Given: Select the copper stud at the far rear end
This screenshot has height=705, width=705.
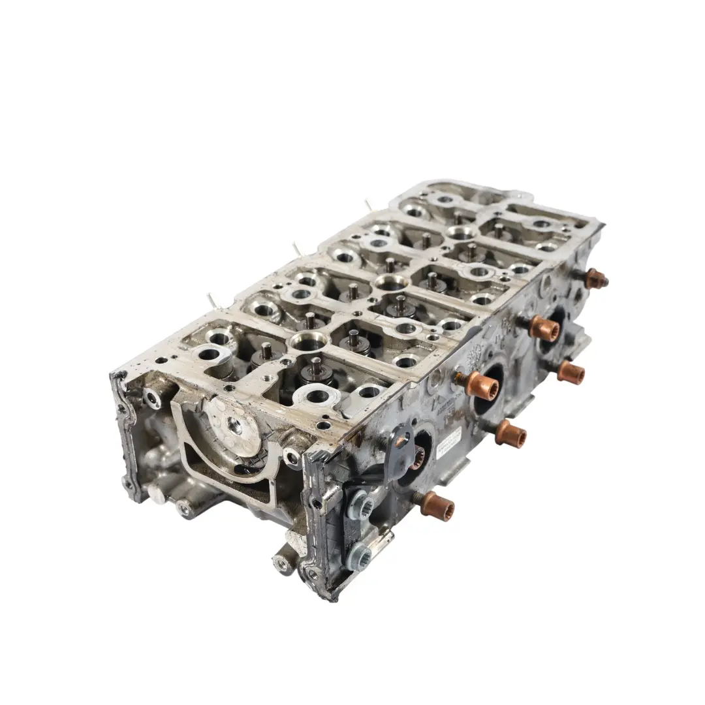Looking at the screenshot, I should pyautogui.click(x=595, y=279).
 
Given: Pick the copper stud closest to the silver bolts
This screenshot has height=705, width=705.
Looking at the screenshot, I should pyautogui.click(x=437, y=505).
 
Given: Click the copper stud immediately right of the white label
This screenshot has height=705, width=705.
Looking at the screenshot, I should pyautogui.click(x=510, y=433).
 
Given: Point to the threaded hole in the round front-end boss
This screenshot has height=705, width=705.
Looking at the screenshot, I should pyautogui.click(x=236, y=426).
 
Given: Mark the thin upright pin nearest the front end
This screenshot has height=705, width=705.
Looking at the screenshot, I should pyautogui.click(x=211, y=300).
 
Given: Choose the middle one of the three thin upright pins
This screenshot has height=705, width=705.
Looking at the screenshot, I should pyautogui.click(x=297, y=249).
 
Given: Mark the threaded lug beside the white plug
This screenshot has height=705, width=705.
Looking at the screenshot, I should pyautogui.click(x=185, y=508).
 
